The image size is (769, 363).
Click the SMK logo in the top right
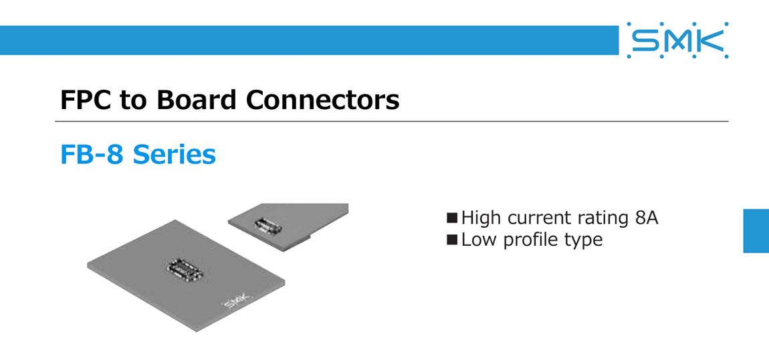(x=677, y=41)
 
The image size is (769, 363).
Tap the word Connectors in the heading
(x=322, y=100)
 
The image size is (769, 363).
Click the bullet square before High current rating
(x=452, y=218)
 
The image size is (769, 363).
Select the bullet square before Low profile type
(x=452, y=239)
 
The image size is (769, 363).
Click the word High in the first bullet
(x=481, y=218)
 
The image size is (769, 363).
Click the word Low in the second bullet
(x=477, y=239)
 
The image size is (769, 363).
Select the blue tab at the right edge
(x=756, y=230)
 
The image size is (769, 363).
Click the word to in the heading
(x=136, y=100)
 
